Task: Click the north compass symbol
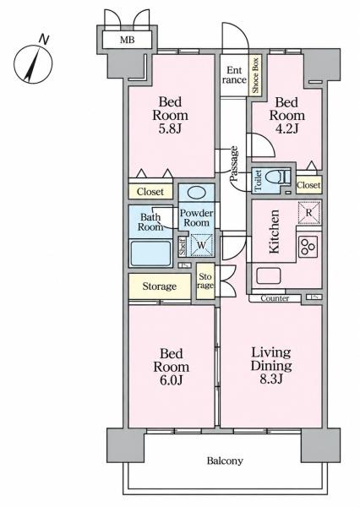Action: (33, 64)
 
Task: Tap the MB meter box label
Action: (127, 40)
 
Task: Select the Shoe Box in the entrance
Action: (255, 75)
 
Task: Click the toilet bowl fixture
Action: (277, 177)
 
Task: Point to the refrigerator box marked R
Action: (309, 213)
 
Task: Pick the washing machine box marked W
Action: (201, 245)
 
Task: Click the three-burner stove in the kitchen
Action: (308, 247)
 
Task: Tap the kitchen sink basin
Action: (269, 276)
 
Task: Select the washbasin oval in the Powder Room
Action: (197, 193)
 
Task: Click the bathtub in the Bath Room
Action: (150, 253)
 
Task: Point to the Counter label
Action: (275, 298)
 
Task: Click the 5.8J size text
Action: (170, 129)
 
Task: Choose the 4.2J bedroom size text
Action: (286, 129)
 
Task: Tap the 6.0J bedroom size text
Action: (171, 380)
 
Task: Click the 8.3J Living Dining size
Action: (271, 379)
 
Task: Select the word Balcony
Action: (225, 461)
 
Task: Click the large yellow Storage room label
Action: (160, 286)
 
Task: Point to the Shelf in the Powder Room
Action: (183, 247)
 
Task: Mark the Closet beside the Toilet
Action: (308, 185)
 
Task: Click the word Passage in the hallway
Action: (234, 164)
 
